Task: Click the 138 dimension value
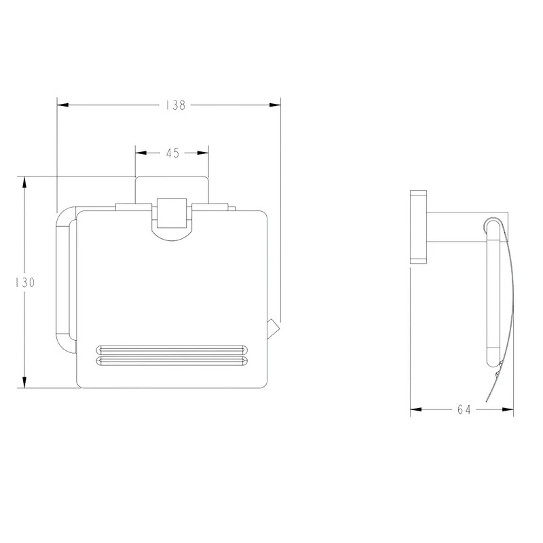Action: pos(176,105)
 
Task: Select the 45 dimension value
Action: pos(172,153)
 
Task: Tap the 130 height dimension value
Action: pos(24,282)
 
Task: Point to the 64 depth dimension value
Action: pos(464,410)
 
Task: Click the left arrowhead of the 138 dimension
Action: pos(62,105)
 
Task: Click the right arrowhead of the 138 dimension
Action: pos(275,105)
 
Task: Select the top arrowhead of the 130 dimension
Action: pos(24,183)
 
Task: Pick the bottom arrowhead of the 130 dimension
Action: pos(24,382)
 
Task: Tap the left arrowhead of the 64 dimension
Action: pos(416,409)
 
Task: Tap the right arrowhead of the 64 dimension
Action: pos(508,409)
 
